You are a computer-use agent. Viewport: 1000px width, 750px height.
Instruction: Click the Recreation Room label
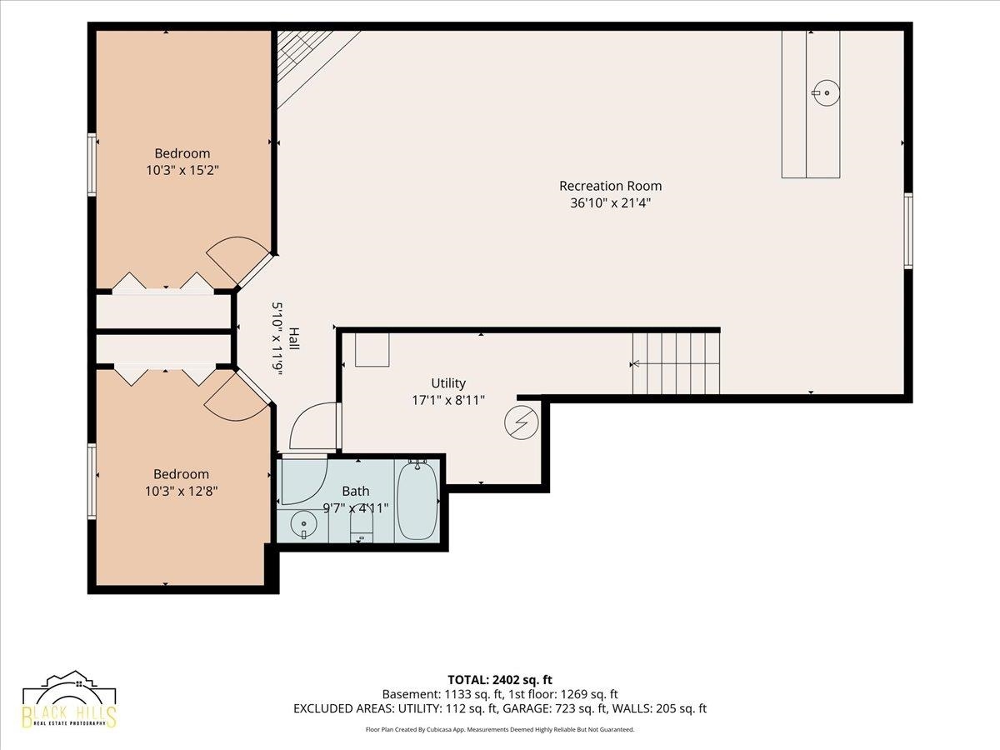(610, 186)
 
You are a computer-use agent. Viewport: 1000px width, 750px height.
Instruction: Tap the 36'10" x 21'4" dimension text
(610, 202)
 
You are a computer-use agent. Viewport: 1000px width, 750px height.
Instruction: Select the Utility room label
(448, 383)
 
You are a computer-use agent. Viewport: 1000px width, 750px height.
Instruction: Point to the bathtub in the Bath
(417, 500)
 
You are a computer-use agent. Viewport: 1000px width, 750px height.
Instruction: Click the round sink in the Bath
(303, 525)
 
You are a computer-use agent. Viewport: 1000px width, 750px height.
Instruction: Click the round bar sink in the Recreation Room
(825, 92)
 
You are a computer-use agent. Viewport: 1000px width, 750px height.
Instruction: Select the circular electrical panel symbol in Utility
(522, 422)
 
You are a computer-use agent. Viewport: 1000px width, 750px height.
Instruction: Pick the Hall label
(294, 339)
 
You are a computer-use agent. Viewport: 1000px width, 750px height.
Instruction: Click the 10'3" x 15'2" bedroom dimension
(182, 170)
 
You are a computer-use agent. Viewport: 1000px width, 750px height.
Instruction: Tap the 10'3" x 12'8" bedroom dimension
(182, 492)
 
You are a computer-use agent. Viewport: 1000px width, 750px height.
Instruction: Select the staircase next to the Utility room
(676, 363)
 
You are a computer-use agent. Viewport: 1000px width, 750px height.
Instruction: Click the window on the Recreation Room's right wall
(908, 231)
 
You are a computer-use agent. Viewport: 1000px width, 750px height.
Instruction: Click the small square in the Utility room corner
(372, 350)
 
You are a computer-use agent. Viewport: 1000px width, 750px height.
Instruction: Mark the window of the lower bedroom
(92, 482)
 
